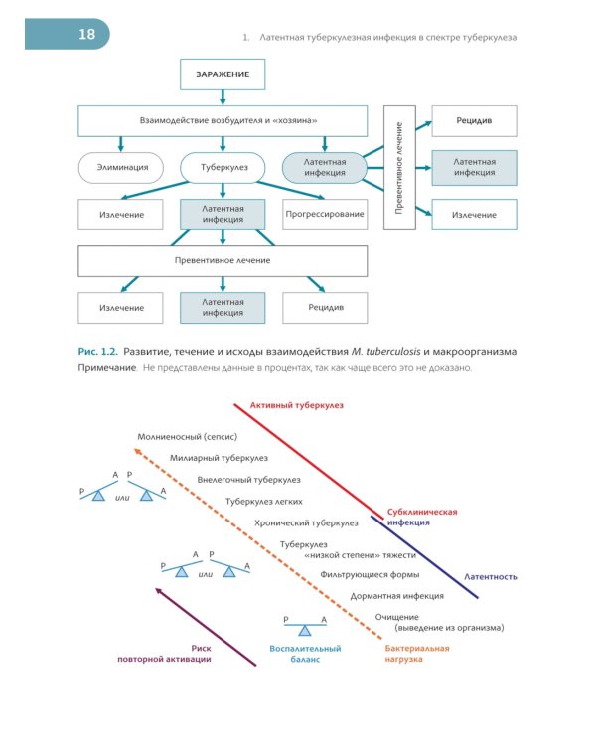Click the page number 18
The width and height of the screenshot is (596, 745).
point(87,34)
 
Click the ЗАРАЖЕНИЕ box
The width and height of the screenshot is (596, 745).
point(223,74)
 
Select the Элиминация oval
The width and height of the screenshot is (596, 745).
point(121,167)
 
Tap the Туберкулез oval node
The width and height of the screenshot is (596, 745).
point(223,167)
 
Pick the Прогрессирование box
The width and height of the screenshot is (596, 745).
point(325,215)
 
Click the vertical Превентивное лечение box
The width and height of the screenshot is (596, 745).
point(399,168)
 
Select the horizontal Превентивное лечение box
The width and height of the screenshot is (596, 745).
point(223,261)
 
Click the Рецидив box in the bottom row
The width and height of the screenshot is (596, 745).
point(325,308)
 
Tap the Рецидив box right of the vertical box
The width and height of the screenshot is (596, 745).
point(474,121)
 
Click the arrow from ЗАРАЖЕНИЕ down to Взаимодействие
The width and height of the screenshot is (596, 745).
point(223,97)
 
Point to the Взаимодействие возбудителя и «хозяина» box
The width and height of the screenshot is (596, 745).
point(223,121)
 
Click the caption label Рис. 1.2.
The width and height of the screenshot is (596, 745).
point(97,352)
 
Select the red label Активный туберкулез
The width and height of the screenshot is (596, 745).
point(297,405)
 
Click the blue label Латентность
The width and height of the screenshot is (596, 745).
point(491,577)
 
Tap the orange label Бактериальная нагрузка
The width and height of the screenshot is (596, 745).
point(417,654)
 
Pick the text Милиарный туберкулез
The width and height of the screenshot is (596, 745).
point(219,458)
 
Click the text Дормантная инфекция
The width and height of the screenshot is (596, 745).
point(397,596)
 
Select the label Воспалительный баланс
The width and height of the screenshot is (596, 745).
point(305,654)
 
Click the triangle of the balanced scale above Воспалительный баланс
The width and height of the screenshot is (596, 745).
point(305,631)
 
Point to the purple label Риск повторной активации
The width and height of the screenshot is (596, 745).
point(164,654)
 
